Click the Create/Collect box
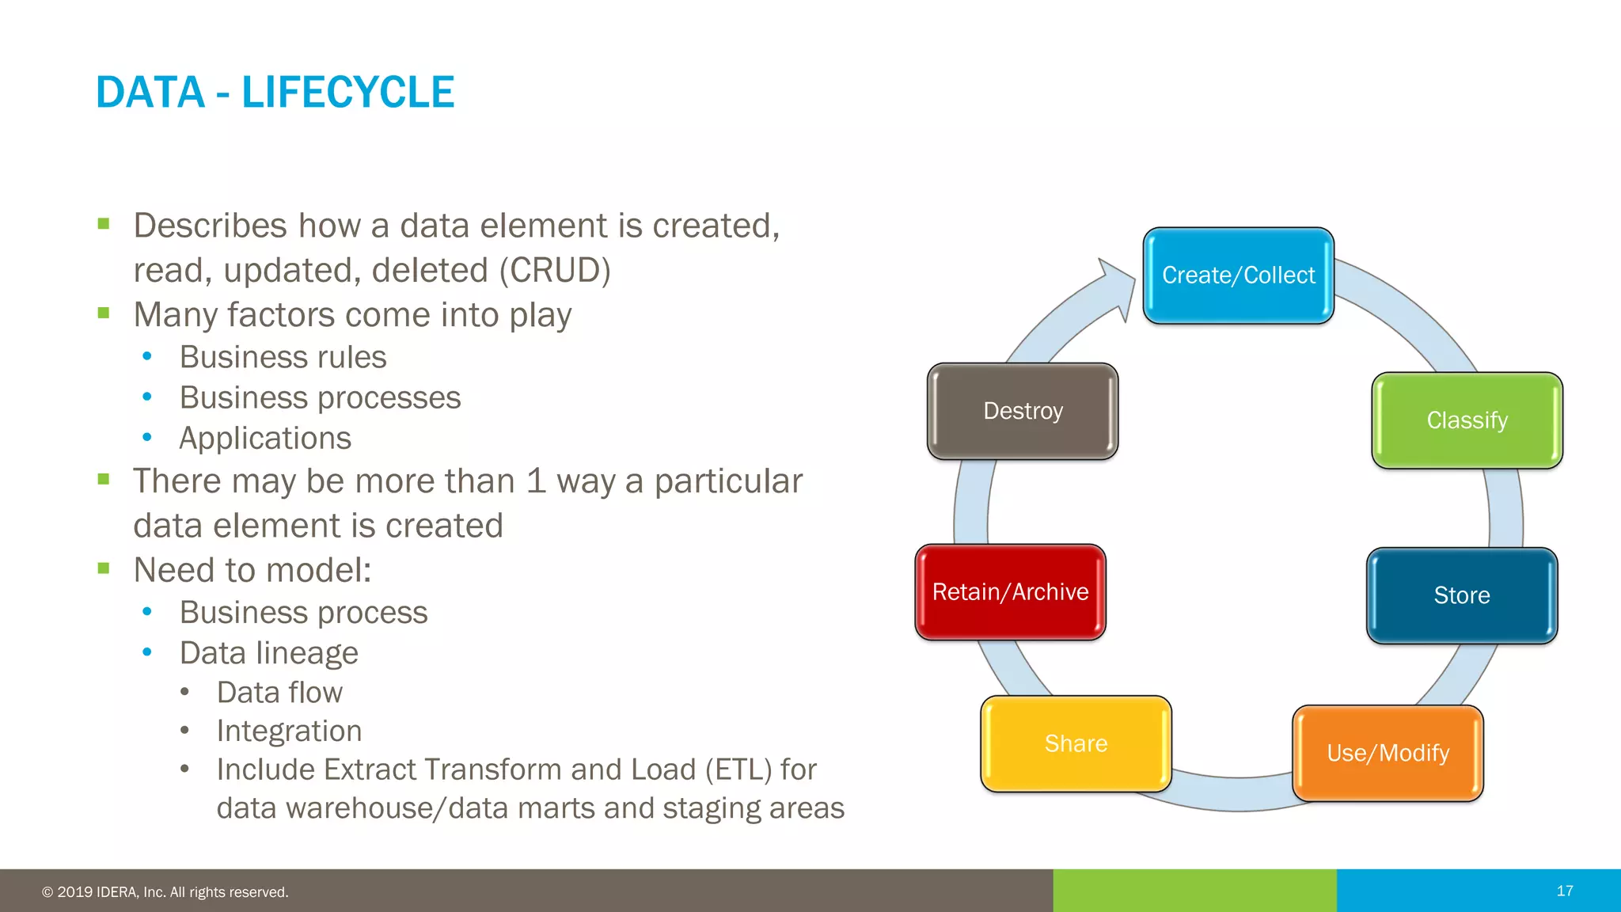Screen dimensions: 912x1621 tap(1238, 275)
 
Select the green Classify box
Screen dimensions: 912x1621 tap(1467, 420)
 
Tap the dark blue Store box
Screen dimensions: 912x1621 tap(1461, 595)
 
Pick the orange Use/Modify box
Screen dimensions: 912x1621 tap(1388, 753)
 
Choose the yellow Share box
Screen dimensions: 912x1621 tap(1076, 743)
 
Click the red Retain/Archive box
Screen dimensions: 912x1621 tap(1010, 592)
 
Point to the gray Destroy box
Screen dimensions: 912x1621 tap(1023, 411)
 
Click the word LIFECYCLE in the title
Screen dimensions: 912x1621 tap(347, 93)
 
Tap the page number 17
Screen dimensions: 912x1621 tap(1564, 891)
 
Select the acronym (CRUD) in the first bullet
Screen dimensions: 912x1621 tap(555, 271)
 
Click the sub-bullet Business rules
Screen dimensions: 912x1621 tap(283, 357)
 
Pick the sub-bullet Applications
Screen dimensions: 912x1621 tap(265, 439)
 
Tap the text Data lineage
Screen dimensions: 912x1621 tap(268, 653)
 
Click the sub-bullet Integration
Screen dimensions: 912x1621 tap(289, 731)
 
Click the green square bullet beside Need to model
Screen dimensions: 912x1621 tap(104, 568)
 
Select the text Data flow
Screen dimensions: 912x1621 tap(279, 693)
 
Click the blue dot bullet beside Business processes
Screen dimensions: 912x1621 tap(147, 397)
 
